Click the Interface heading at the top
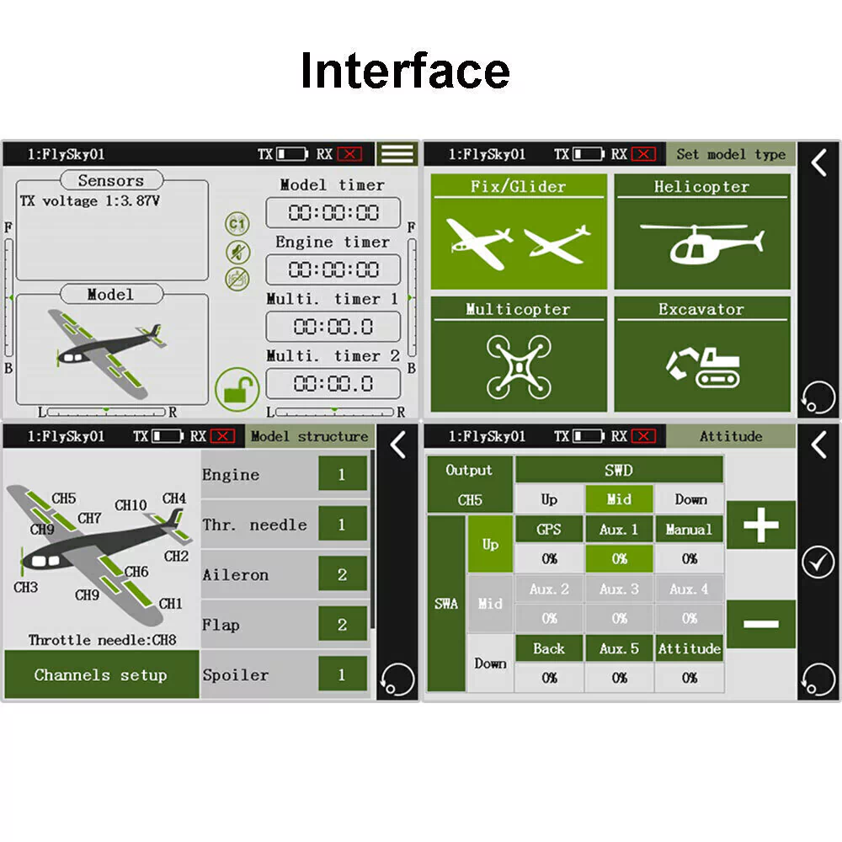(405, 71)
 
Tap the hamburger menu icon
(397, 153)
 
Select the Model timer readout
(333, 213)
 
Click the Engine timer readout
(333, 269)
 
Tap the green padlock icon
(237, 390)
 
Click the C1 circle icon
(237, 223)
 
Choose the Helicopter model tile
(702, 232)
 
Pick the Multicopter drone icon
(519, 367)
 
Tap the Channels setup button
(102, 674)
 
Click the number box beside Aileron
(343, 574)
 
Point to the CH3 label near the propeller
(26, 587)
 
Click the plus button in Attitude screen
(761, 525)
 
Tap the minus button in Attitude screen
(761, 624)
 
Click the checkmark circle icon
(818, 562)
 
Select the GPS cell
(549, 530)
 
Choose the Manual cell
(689, 530)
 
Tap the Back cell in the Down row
(549, 648)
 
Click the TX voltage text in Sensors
(90, 201)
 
